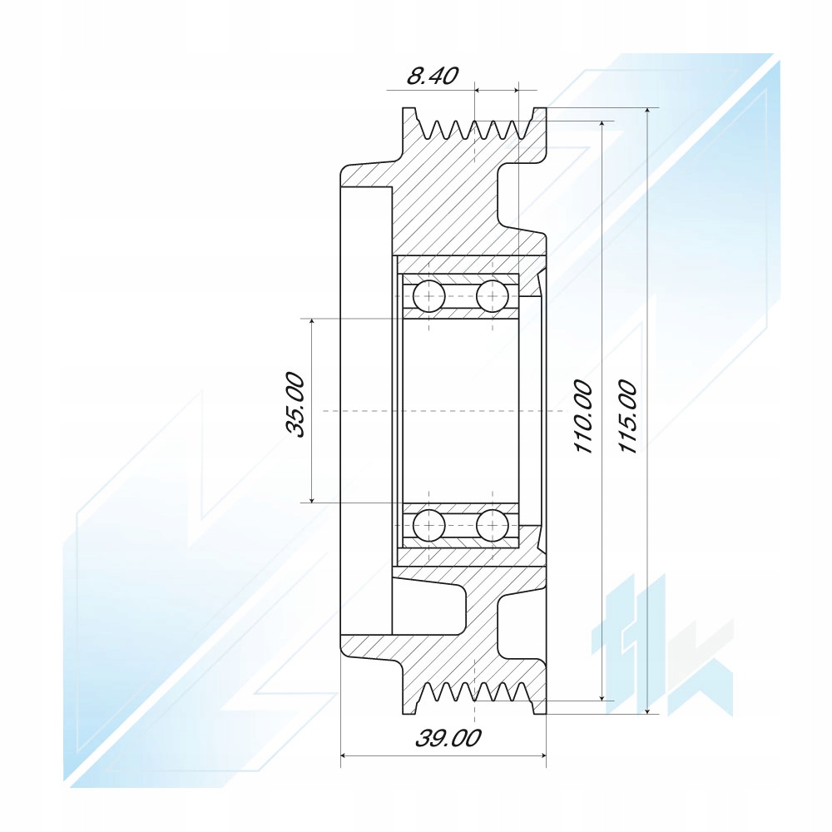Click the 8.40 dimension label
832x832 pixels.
point(432,77)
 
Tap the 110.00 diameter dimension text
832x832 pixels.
point(584,417)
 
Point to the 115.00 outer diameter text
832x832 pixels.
point(628,417)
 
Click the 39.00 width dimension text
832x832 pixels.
point(448,738)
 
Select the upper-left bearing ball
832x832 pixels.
point(428,295)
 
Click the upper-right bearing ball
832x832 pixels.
point(493,295)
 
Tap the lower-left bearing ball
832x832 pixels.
point(428,525)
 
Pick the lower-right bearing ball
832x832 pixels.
point(493,525)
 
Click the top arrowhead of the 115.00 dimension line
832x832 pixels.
point(647,112)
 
